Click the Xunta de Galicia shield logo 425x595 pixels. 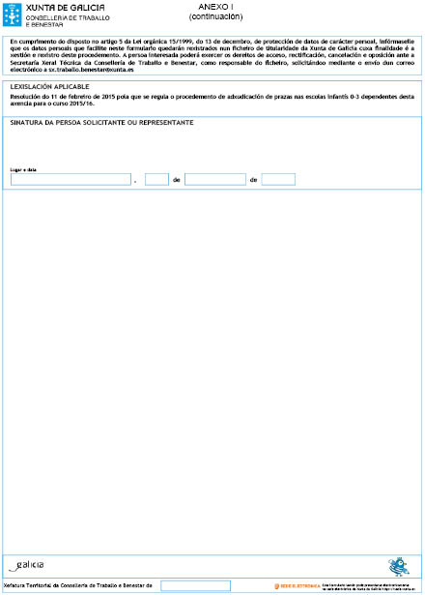pos(14,14)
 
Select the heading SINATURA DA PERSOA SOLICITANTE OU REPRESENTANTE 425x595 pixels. pos(101,123)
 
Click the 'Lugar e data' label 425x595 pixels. pos(22,169)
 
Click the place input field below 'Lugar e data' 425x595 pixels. pos(70,179)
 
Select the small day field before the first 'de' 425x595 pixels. pos(156,179)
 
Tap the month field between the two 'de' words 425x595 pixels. pos(214,179)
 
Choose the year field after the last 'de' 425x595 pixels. pos(278,179)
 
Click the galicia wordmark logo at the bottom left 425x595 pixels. pos(26,565)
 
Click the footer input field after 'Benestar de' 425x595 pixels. pos(195,585)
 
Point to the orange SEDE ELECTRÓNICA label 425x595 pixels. pos(298,585)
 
